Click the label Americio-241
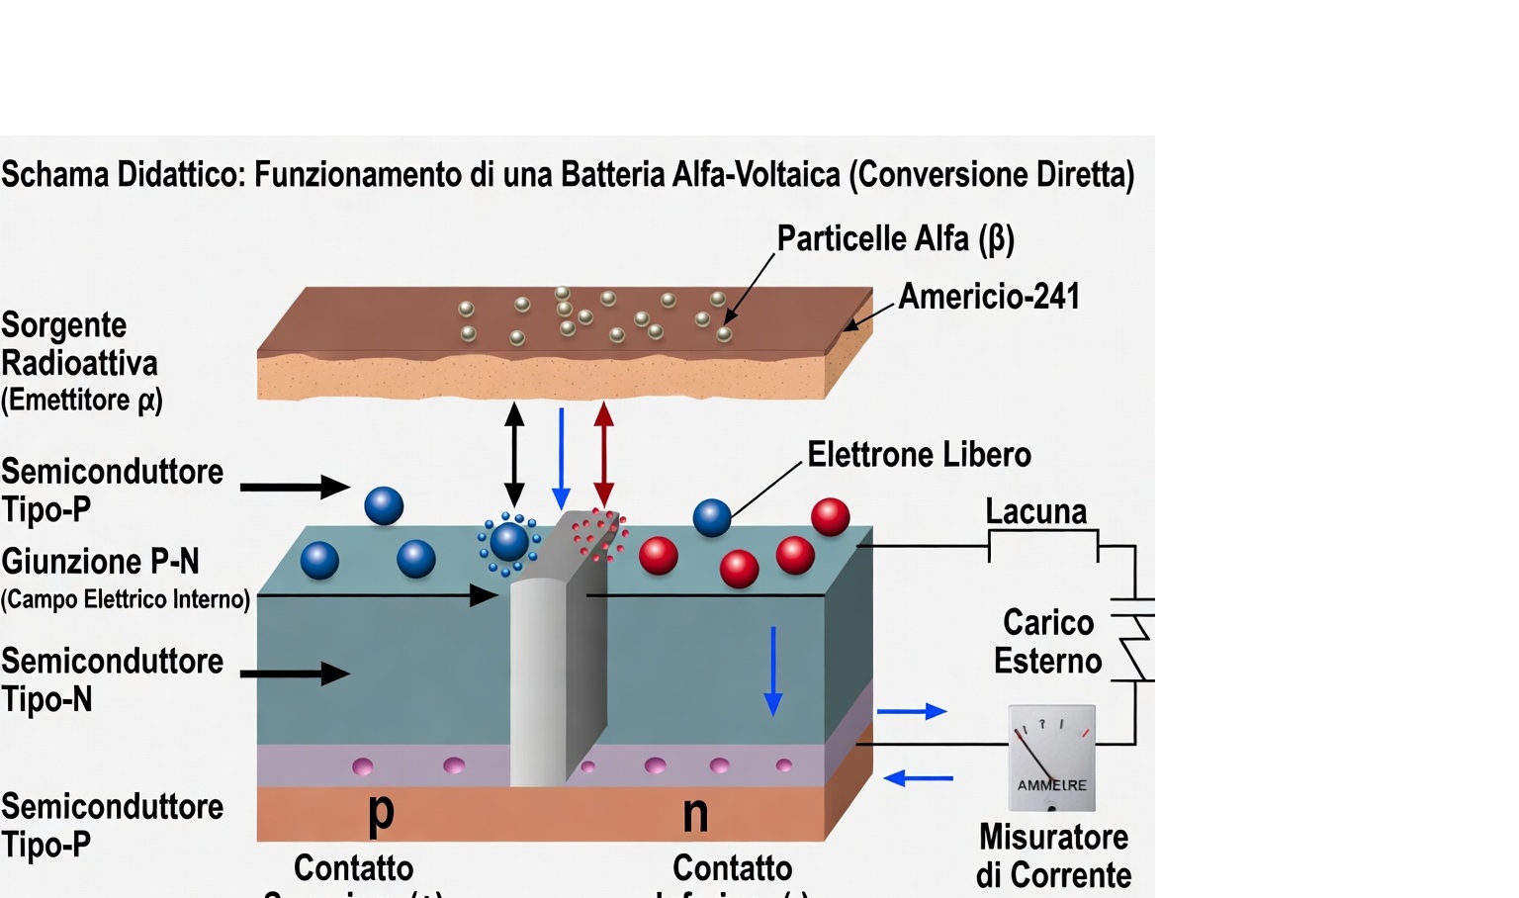pos(989,297)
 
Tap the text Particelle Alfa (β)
pos(895,239)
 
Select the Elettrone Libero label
pos(919,455)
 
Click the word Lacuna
pos(1035,511)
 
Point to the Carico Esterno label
pos(1047,642)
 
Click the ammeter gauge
pos(1051,758)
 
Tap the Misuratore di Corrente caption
pos(1053,855)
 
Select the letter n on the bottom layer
pos(695,814)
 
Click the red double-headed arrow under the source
pos(603,455)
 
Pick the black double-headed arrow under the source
pos(514,455)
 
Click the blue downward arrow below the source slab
pos(561,458)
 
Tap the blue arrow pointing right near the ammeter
pos(911,711)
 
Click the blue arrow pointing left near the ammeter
pos(919,778)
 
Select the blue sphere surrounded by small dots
pos(509,542)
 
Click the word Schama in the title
pos(54,175)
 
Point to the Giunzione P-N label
pos(100,562)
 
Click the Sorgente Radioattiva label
pos(79,344)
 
